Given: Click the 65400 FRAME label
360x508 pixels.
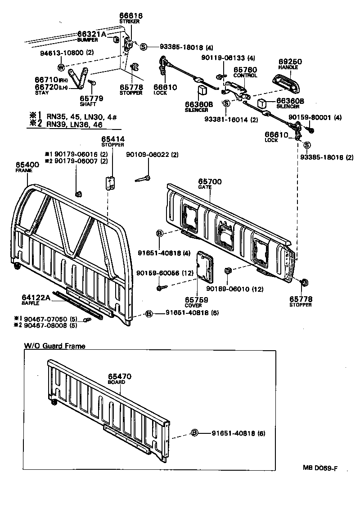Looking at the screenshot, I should [27, 167].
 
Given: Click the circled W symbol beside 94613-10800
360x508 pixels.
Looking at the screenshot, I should [61, 67].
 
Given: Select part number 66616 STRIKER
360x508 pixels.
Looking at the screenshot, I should [130, 18].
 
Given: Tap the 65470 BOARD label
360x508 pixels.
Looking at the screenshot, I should [118, 379].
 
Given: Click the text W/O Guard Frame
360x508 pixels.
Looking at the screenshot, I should [54, 346].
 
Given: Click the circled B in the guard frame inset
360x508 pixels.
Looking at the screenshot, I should [195, 433].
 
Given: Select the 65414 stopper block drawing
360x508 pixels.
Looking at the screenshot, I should [109, 183].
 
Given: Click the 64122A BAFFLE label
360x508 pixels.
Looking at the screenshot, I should [37, 299].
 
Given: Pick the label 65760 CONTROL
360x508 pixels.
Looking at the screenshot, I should [245, 72].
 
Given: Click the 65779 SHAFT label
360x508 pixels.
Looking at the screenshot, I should [91, 100].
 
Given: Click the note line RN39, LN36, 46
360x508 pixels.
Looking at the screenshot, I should [69, 124].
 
